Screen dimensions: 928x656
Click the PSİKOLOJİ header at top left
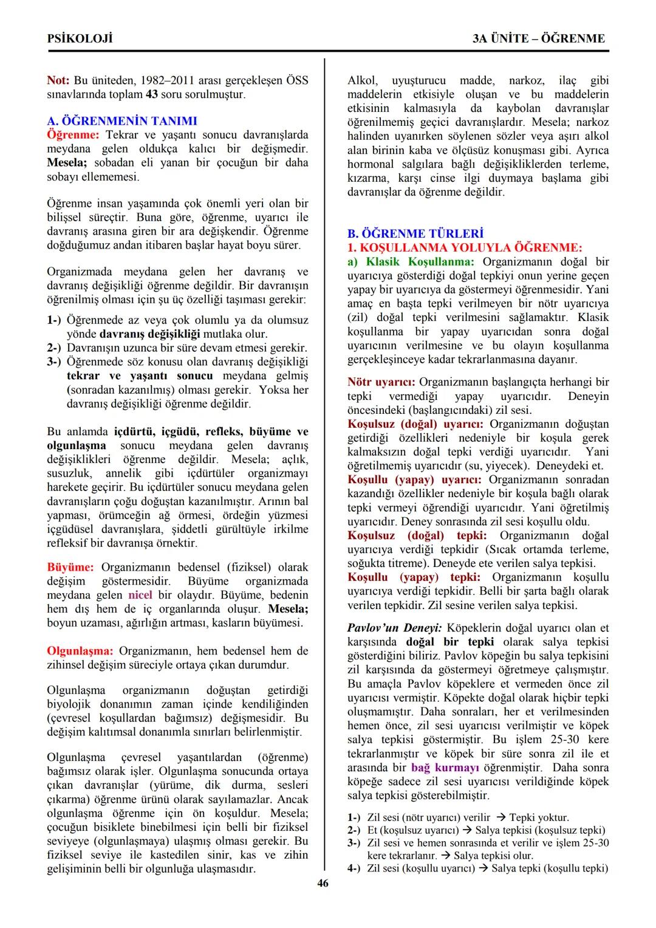[x=80, y=38]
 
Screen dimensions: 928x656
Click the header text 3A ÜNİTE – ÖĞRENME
[x=539, y=38]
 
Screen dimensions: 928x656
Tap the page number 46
[x=323, y=883]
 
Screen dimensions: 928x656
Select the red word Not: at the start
[x=58, y=80]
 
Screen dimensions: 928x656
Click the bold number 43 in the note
[x=151, y=94]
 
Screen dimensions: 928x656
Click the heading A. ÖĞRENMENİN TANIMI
[x=121, y=121]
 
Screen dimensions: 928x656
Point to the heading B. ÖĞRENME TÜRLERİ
[x=415, y=233]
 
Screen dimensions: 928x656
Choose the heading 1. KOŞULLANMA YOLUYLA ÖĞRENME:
[x=465, y=247]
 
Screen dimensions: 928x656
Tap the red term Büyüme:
[x=70, y=567]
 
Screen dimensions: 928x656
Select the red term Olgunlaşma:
[x=80, y=650]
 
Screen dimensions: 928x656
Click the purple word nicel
[x=140, y=594]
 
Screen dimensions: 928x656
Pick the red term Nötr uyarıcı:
[x=381, y=382]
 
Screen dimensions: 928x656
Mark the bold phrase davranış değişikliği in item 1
[x=149, y=334]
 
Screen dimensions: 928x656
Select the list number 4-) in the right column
[x=354, y=868]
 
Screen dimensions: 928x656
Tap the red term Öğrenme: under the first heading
[x=73, y=134]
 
